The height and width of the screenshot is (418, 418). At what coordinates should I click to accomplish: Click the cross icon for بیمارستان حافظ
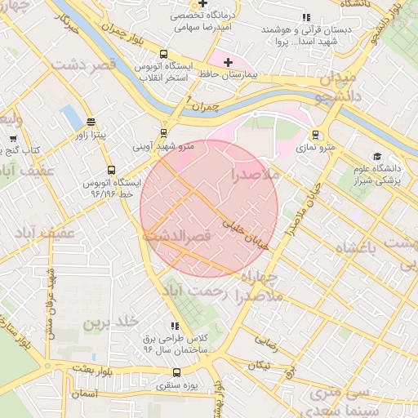click(x=227, y=62)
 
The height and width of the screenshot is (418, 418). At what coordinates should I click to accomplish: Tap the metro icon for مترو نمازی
click(x=316, y=136)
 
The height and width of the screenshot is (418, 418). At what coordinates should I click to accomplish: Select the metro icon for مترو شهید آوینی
click(x=163, y=133)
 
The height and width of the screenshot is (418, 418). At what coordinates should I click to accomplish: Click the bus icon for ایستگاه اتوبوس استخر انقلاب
click(x=164, y=54)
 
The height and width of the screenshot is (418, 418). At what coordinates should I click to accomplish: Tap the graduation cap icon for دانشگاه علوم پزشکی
click(x=376, y=156)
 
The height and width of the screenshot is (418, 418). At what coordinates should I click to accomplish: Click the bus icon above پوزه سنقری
click(x=177, y=372)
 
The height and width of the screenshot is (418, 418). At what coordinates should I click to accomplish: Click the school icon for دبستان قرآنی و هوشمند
click(x=306, y=16)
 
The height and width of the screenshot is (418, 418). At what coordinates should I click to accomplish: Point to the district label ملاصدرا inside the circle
click(x=255, y=175)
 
